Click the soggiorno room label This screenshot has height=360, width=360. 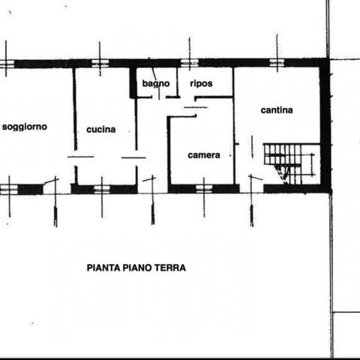tap(25, 127)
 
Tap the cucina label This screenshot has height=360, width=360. tap(101, 130)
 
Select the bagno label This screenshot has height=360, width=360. tap(156, 83)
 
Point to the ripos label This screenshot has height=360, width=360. tap(201, 83)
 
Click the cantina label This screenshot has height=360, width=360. tap(277, 110)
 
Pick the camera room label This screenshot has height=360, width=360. tap(204, 155)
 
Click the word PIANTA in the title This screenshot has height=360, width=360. tap(103, 268)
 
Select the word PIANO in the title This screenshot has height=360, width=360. tap(137, 268)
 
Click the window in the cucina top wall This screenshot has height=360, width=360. tap(100, 63)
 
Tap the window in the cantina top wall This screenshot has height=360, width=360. tap(277, 63)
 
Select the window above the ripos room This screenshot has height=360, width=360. tap(189, 63)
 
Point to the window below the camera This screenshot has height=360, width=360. tap(204, 189)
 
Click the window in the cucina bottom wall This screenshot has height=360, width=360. tap(102, 189)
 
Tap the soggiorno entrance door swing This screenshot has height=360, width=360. tap(51, 181)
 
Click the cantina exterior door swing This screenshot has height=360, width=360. tap(256, 177)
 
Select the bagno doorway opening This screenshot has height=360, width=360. tap(159, 97)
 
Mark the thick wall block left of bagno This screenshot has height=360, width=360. tap(133, 82)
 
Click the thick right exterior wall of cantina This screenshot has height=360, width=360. tap(325, 125)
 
